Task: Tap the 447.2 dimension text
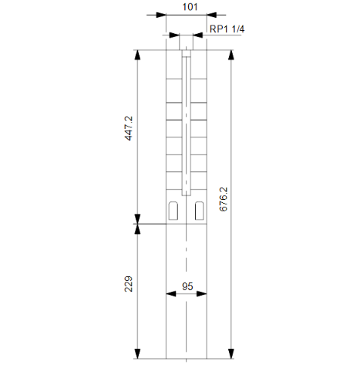point(129,128)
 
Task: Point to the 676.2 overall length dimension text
point(224,199)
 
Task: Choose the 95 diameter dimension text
point(187,286)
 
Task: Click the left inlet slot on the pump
point(174,209)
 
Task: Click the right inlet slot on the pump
point(200,209)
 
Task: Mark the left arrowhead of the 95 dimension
point(170,293)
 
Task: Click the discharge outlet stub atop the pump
point(187,45)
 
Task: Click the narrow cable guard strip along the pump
point(187,123)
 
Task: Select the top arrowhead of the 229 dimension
point(137,229)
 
